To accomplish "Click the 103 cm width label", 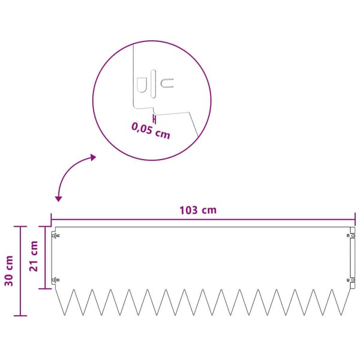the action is pos(198,211).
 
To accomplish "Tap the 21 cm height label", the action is pos(34,256).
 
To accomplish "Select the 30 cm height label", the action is pos(9,271).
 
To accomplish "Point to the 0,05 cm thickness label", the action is pos(151,131).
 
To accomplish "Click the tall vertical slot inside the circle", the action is pos(153,84).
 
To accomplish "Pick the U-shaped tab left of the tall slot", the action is pos(142,85).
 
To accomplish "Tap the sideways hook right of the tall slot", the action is pos(167,83).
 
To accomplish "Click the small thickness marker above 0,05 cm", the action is pos(155,119).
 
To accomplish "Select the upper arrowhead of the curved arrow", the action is pos(93,157).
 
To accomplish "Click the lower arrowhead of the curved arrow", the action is pos(59,199).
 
